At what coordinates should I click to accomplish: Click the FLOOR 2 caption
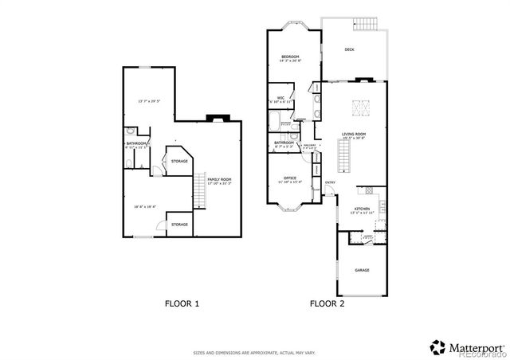pos(326,303)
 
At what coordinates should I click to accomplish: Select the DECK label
pos(349,49)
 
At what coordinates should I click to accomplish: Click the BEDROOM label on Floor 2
pos(289,57)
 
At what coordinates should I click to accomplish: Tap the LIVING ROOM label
pos(353,135)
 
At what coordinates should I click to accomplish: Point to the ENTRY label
pos(330,183)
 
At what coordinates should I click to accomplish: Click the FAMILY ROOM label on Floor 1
pos(220,179)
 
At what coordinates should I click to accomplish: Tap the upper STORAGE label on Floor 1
pos(180,161)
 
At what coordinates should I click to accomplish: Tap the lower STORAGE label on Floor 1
pos(180,225)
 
